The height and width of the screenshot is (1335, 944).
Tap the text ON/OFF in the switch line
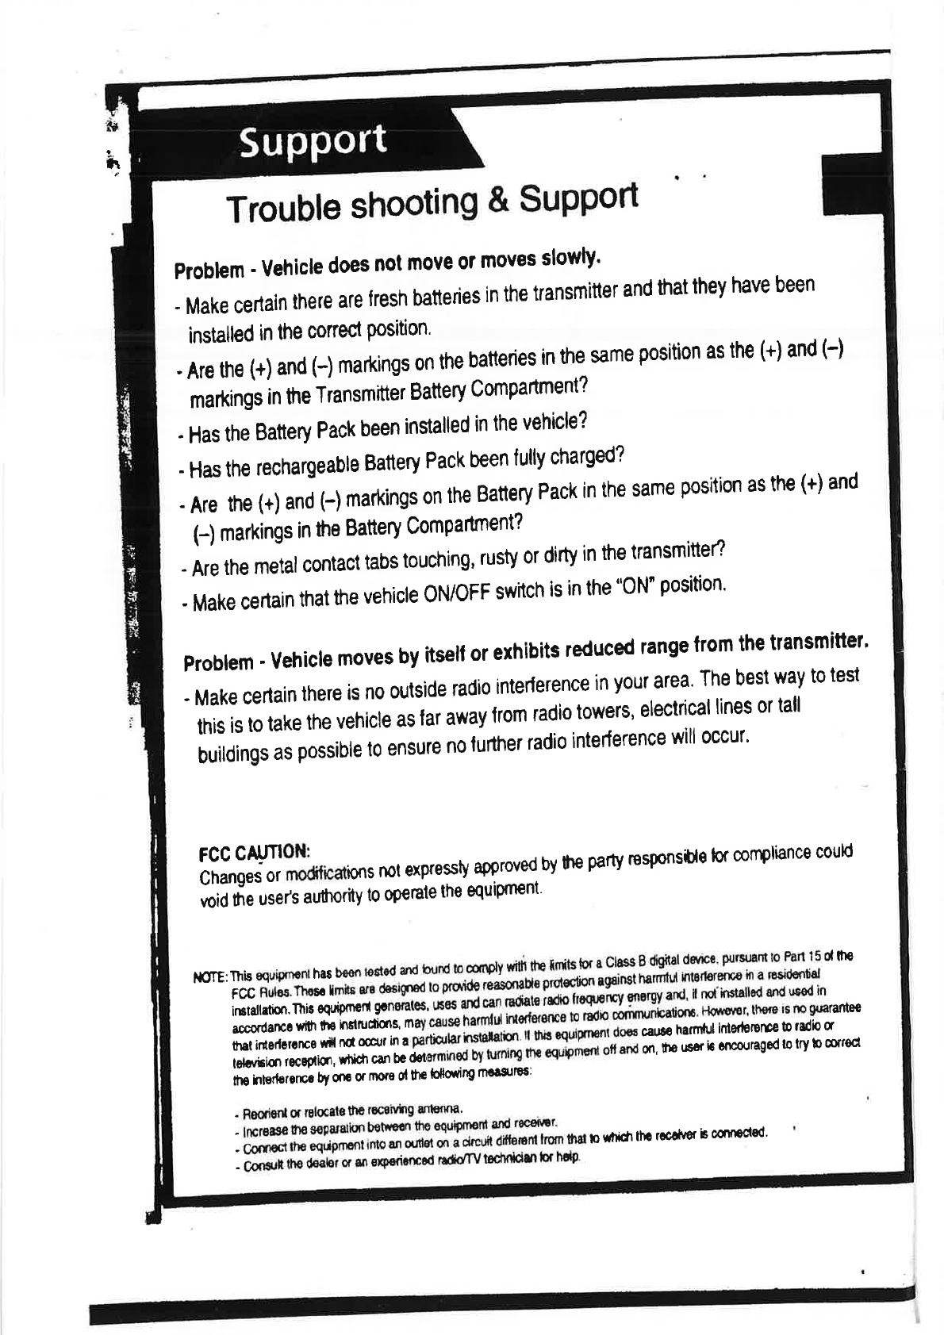point(454,594)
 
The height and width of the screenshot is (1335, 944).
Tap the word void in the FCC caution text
point(213,900)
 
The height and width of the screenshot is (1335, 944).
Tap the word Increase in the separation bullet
point(263,1130)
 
